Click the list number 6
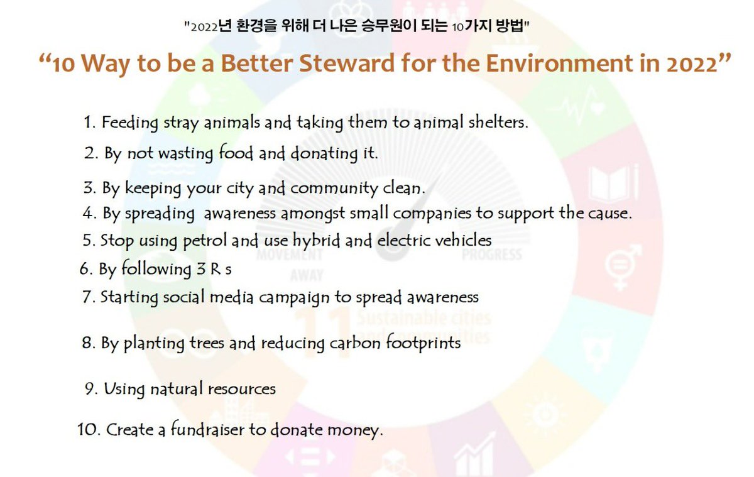(x=85, y=270)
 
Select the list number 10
(x=87, y=430)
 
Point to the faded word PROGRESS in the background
(x=492, y=255)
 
